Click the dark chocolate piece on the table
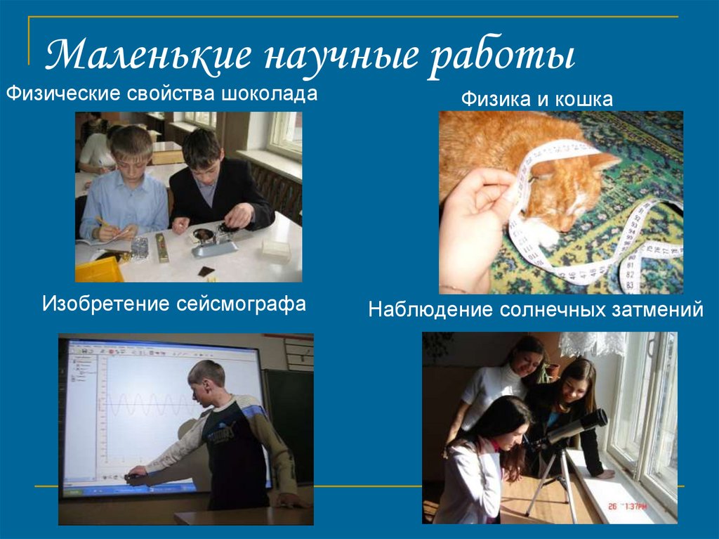206,271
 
